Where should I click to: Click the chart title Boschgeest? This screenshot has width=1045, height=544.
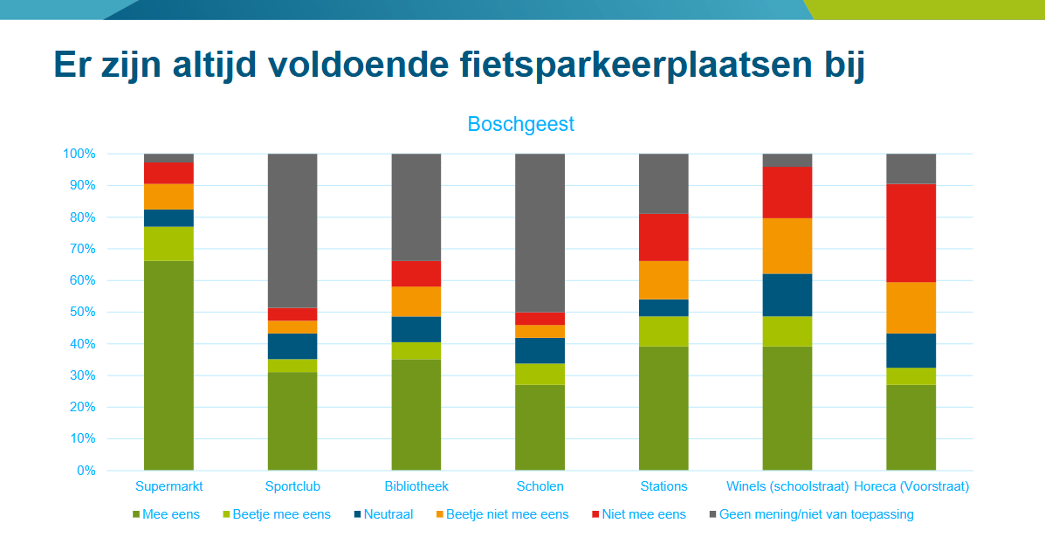520,124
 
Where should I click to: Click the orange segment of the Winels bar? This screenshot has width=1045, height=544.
787,246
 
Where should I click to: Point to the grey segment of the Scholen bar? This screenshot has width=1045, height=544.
540,232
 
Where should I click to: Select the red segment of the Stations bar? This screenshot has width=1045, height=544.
663,238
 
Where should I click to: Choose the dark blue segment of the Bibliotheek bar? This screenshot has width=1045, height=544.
416,329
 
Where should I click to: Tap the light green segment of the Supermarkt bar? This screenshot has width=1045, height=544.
168,244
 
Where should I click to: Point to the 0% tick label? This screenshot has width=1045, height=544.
86,471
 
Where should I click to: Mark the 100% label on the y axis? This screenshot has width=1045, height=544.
79,154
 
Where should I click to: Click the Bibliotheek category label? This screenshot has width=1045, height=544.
416,486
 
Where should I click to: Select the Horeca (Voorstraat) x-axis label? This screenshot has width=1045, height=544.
911,486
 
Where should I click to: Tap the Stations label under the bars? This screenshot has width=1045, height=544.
663,486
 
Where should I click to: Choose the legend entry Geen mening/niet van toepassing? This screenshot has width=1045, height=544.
815,514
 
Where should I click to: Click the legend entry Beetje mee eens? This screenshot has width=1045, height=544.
281,514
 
